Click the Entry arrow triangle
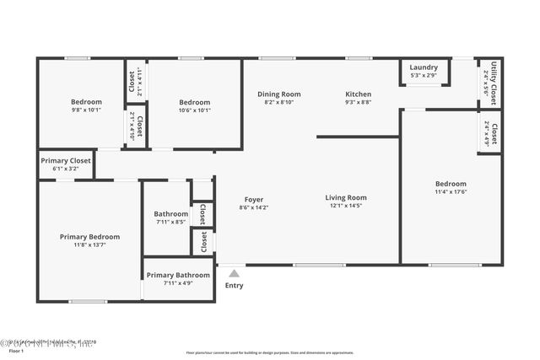point(234,273)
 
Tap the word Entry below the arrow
point(234,286)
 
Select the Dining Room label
point(278,94)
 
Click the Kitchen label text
point(358,94)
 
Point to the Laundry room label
point(424,67)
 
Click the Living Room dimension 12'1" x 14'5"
point(346,206)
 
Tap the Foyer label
point(254,199)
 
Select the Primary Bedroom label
point(89,237)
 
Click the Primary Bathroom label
point(178,276)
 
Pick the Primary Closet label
point(65,160)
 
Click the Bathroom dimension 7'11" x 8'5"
point(170,223)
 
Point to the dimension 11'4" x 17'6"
point(451,192)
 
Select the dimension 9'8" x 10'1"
point(86,110)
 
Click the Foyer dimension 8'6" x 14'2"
point(254,207)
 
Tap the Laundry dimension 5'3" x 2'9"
point(424,76)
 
